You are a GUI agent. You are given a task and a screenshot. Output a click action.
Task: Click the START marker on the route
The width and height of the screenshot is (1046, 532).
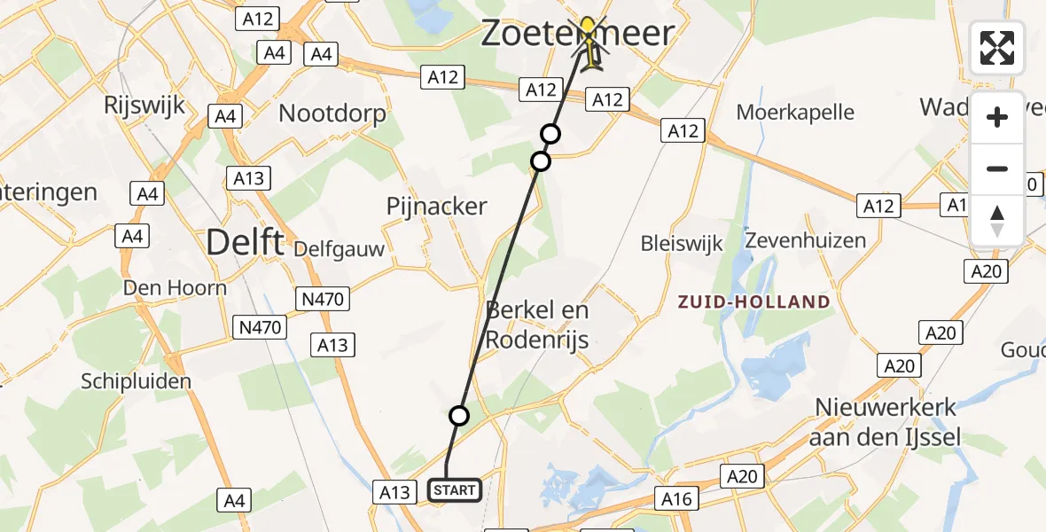pos(455,489)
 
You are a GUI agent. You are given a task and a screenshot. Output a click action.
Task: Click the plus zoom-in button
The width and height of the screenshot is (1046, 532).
pos(997,117)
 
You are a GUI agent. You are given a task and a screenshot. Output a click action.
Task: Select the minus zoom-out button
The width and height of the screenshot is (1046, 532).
pos(997,168)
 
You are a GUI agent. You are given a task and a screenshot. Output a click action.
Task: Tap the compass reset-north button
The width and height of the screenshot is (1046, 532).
pos(997,220)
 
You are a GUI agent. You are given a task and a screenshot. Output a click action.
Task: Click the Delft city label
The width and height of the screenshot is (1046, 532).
pos(246,241)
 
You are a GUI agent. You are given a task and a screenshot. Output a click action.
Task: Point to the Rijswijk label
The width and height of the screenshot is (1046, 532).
pos(144,106)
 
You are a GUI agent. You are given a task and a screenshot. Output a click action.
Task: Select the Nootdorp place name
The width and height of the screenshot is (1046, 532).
pos(332,113)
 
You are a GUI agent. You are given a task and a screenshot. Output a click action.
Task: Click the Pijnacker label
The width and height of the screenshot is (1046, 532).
pos(437,207)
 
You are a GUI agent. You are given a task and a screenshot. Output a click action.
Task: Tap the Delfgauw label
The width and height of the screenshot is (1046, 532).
pos(340,248)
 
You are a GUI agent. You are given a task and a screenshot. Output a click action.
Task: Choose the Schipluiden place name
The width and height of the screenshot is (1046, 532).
pos(136,382)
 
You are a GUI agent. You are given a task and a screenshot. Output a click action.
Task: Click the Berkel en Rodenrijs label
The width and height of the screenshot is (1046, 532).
pos(537,325)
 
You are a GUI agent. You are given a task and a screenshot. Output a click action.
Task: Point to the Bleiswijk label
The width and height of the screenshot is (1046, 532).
pos(682,244)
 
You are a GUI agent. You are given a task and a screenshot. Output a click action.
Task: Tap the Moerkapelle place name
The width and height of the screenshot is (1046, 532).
pos(796,113)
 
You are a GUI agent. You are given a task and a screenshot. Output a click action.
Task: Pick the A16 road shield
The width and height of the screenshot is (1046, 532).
pos(676,499)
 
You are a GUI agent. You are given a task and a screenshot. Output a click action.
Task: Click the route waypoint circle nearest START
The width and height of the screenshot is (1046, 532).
pos(458,415)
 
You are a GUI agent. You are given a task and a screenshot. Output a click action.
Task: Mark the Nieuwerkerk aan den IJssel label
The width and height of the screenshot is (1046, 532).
pos(886,423)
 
